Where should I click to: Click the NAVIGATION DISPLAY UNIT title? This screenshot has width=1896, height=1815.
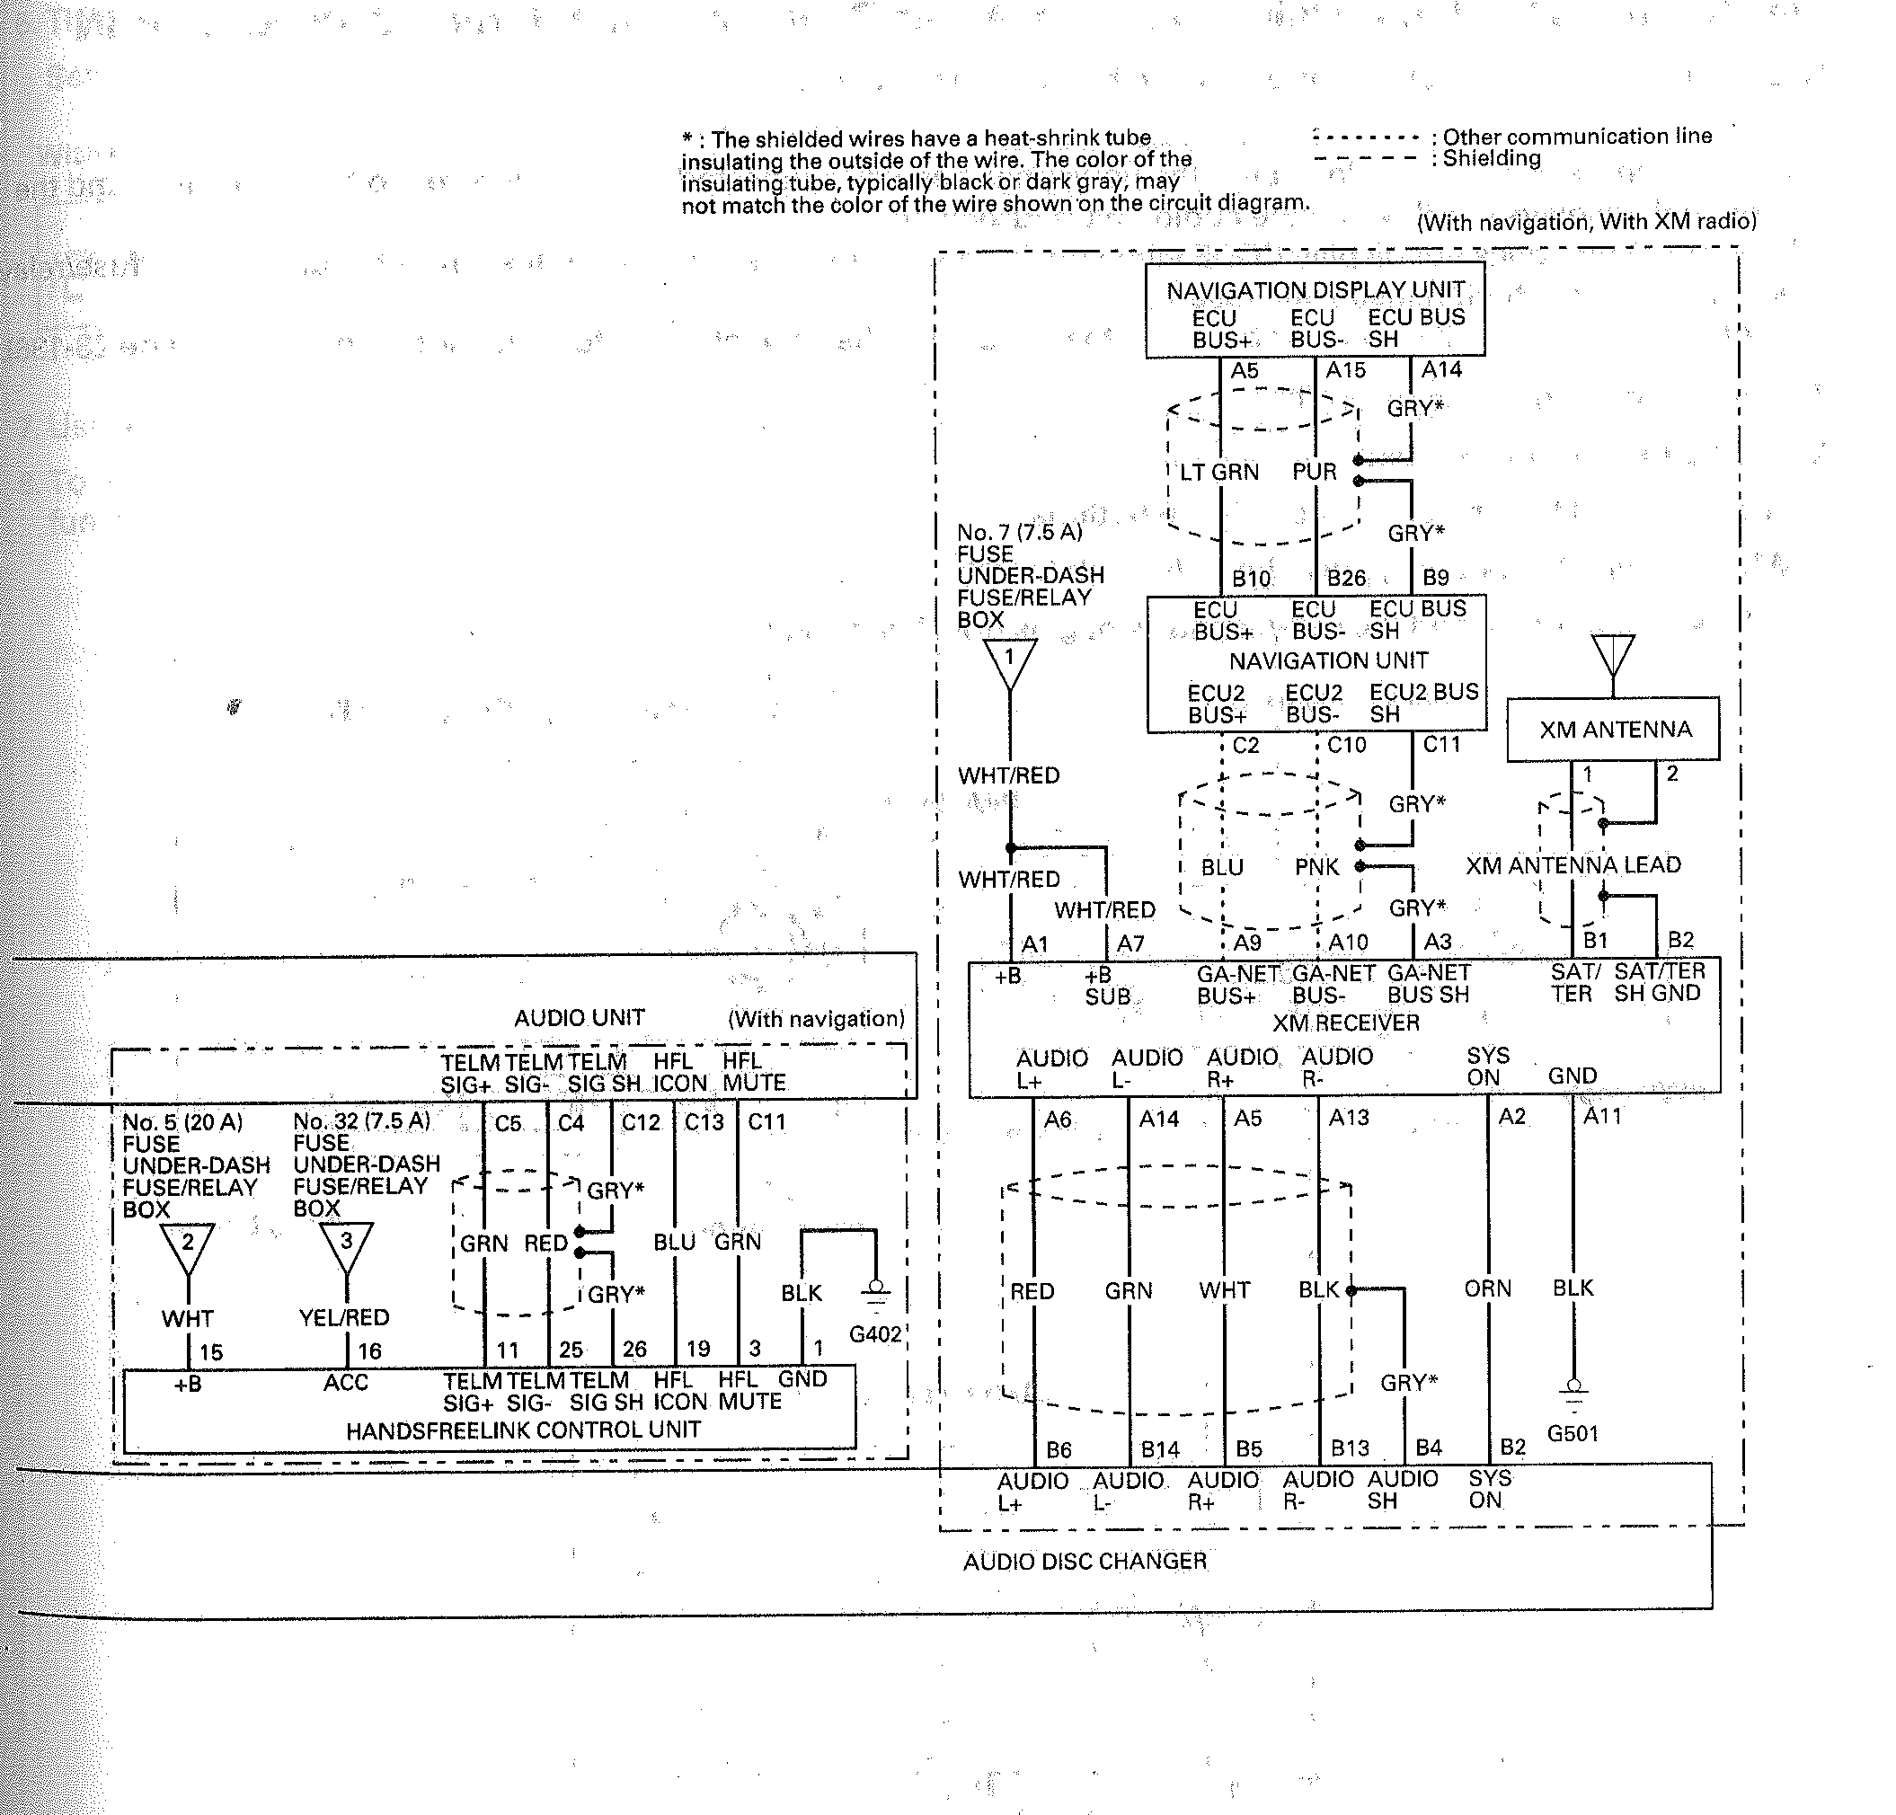(1315, 290)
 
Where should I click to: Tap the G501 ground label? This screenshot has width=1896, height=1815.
(1572, 1434)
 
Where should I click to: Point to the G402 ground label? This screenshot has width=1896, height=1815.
(874, 1334)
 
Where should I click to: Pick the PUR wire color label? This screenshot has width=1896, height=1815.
(1314, 472)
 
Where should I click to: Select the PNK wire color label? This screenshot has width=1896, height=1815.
(1316, 867)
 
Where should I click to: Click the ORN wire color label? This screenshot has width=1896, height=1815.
(1487, 1288)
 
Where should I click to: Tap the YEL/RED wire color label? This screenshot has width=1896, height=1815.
(343, 1318)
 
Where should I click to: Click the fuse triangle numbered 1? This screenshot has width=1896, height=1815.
(1009, 662)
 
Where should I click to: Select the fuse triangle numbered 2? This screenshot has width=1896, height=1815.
(188, 1248)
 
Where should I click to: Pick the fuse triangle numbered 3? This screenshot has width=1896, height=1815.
(345, 1248)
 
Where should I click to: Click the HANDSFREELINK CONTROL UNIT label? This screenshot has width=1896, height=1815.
(523, 1430)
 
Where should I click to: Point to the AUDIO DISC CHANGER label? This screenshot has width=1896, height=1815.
(1085, 1562)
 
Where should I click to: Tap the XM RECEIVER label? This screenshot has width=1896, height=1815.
(1345, 1023)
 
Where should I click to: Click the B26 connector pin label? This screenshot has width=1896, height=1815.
(1345, 579)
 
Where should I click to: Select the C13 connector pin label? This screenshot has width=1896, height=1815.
(704, 1122)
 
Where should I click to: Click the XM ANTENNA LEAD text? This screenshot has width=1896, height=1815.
(1573, 865)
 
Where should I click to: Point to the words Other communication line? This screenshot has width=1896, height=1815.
(1577, 137)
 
